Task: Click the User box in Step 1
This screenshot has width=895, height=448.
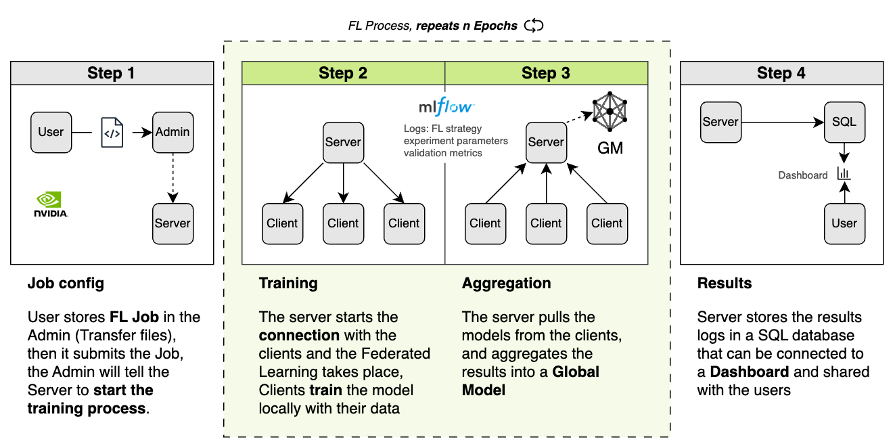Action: click(x=51, y=132)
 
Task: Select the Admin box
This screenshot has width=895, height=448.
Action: click(x=173, y=132)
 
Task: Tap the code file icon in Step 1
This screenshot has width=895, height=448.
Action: click(x=112, y=133)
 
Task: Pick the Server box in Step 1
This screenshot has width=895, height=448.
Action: click(x=173, y=223)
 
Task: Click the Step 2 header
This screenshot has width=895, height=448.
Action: click(x=343, y=73)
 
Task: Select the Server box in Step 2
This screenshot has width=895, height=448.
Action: click(x=343, y=142)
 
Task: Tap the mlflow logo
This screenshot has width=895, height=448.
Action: click(x=446, y=107)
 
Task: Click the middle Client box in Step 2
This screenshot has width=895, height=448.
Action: click(x=343, y=223)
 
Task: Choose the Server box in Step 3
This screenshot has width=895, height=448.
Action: click(x=546, y=142)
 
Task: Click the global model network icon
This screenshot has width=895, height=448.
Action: click(x=610, y=112)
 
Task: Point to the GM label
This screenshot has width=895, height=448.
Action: click(x=610, y=148)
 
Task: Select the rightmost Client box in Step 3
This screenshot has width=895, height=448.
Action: click(x=607, y=223)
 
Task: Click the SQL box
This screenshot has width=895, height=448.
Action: click(x=844, y=122)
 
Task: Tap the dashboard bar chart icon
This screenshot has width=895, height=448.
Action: click(x=844, y=174)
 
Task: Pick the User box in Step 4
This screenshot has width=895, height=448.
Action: click(x=844, y=223)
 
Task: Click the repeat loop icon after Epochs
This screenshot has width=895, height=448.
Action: click(x=534, y=26)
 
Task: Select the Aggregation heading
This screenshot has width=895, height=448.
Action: click(x=506, y=284)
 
